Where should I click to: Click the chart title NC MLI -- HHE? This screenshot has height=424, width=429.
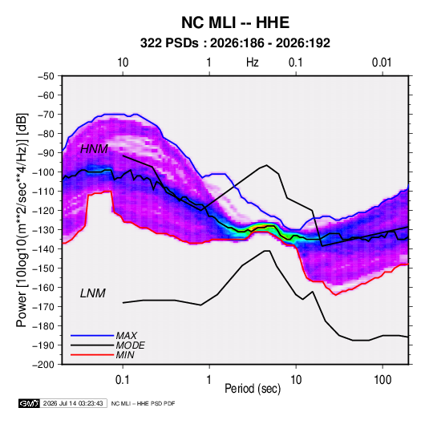click(x=235, y=22)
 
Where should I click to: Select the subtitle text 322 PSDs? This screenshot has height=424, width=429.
click(x=169, y=43)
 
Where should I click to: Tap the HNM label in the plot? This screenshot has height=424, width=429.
click(x=94, y=149)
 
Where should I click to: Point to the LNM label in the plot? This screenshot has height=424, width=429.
click(x=93, y=293)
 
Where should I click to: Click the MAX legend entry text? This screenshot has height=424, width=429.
click(x=127, y=336)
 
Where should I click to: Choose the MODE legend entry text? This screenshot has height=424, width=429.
click(x=130, y=345)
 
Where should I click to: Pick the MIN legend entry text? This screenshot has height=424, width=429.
click(x=125, y=355)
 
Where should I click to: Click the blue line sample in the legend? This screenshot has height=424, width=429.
click(x=92, y=336)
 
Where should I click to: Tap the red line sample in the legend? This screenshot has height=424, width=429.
click(x=92, y=355)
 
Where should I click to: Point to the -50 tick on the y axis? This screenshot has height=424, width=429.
click(x=46, y=76)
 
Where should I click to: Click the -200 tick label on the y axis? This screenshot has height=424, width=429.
click(x=43, y=365)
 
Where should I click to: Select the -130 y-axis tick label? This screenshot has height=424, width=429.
click(x=43, y=230)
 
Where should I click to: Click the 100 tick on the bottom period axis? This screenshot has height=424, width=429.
click(x=382, y=380)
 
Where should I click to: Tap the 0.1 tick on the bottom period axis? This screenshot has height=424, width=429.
click(x=123, y=380)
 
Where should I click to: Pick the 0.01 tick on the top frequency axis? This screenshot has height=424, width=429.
click(x=382, y=63)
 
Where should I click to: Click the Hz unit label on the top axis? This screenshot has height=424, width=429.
click(x=253, y=63)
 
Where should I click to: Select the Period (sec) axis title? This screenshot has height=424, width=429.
click(x=253, y=389)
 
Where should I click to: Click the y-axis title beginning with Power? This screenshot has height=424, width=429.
click(x=22, y=220)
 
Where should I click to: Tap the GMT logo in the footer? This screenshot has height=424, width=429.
click(x=30, y=403)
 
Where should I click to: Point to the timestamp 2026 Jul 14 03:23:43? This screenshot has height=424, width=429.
click(x=73, y=403)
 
